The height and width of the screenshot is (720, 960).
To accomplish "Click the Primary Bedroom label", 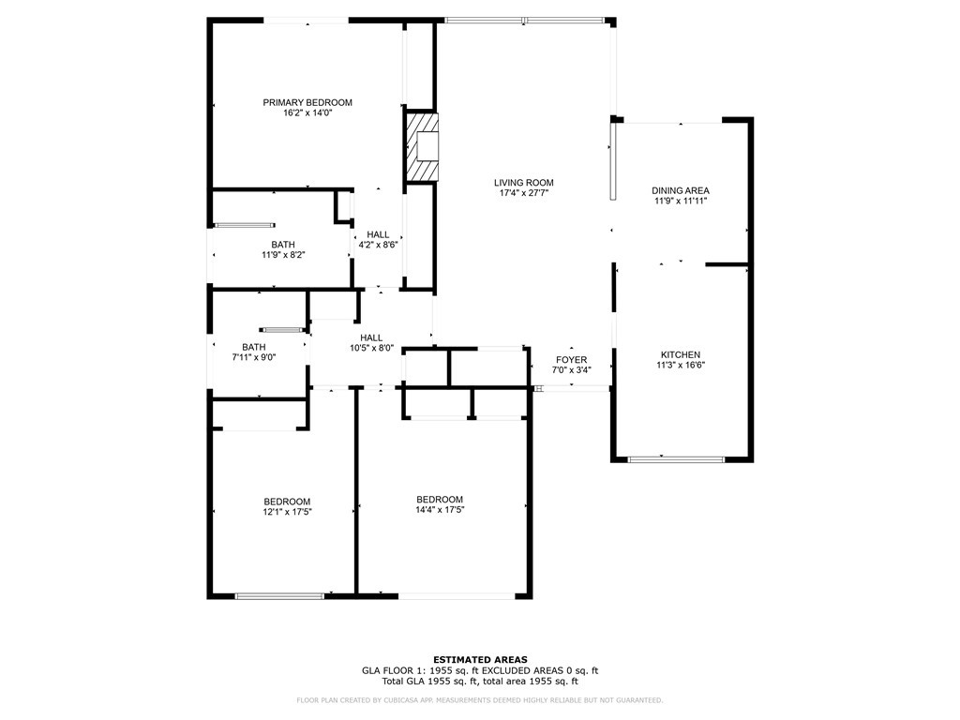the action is tap(307, 102).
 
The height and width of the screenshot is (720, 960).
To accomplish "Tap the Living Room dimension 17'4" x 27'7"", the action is tap(523, 193).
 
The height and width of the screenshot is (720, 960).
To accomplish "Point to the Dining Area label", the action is tap(681, 190).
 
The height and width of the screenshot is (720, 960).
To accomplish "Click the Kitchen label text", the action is tap(681, 354).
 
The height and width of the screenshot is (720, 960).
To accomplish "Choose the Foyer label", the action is tap(571, 359).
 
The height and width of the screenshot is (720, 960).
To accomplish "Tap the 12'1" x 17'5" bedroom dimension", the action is tap(287, 512).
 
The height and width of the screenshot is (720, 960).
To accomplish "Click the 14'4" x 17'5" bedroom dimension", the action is tap(440, 509).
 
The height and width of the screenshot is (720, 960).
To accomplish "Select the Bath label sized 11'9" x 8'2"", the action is tap(283, 245).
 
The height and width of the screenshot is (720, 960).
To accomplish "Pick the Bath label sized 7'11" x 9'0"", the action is tap(253, 347).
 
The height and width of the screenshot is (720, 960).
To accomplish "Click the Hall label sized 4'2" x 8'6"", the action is tap(378, 234).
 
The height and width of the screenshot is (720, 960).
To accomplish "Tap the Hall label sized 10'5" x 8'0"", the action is tap(371, 337).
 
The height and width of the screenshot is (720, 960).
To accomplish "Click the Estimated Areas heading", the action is tap(480, 660).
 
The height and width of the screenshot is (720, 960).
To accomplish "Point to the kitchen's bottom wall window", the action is tap(676, 458).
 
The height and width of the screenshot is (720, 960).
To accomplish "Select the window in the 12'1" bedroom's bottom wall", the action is tap(279, 595).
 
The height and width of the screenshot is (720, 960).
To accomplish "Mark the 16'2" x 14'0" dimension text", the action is tap(307, 112).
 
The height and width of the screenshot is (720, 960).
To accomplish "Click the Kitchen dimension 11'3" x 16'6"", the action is tap(681, 365).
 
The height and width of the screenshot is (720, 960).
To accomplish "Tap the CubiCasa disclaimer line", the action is tap(480, 699).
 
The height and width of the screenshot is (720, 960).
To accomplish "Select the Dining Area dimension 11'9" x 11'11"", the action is tap(680, 201).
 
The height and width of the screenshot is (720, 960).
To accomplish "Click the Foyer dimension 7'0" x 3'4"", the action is tap(571, 369).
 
